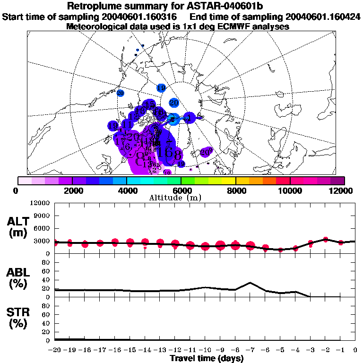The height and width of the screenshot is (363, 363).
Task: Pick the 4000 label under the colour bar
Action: tap(127, 190)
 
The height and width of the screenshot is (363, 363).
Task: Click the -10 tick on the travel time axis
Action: tap(205, 350)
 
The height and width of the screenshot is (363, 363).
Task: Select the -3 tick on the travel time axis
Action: tap(310, 350)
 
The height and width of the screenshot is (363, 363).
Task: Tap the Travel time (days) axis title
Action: tap(207, 358)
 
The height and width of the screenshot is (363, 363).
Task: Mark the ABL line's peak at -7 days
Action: tap(251, 283)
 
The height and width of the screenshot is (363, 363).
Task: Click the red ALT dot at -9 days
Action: tap(220, 245)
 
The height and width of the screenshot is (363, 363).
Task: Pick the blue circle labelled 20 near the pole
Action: tap(173, 103)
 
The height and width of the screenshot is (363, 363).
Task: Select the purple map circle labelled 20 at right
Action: tap(205, 152)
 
